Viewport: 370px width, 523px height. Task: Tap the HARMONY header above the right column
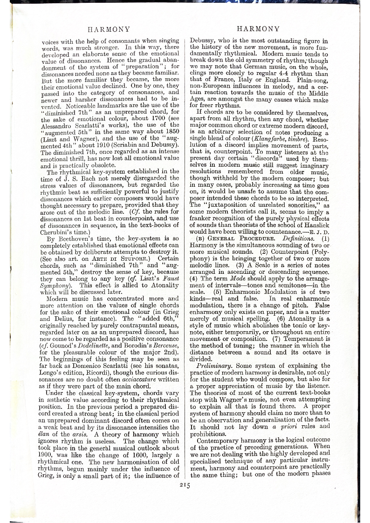point(258,29)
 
